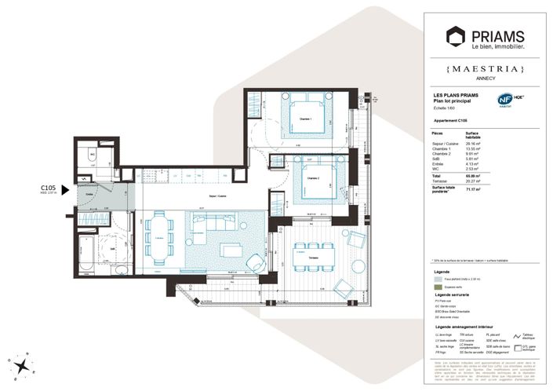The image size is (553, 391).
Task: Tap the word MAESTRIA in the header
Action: coord(487,69)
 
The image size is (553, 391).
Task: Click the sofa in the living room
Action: coord(207,232)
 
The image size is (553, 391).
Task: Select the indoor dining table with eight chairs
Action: coord(161,238)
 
